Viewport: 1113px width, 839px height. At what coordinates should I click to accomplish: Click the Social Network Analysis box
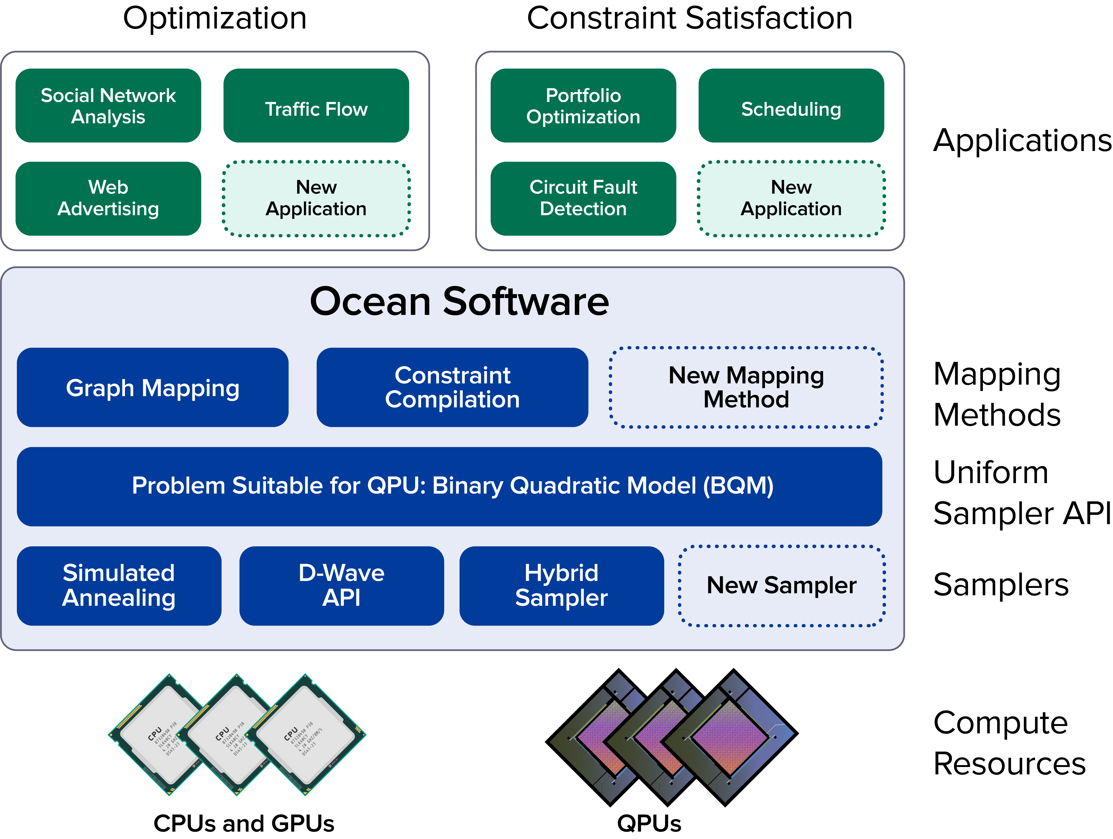point(108,106)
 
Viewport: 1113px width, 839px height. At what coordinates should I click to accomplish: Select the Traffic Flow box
point(316,106)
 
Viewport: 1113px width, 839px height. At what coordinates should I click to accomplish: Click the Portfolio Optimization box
point(583,106)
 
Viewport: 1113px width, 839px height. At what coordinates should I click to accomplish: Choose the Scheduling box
point(791,106)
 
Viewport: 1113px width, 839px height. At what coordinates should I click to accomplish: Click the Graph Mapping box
point(152,387)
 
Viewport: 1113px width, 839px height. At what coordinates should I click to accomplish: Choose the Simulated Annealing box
point(119,585)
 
